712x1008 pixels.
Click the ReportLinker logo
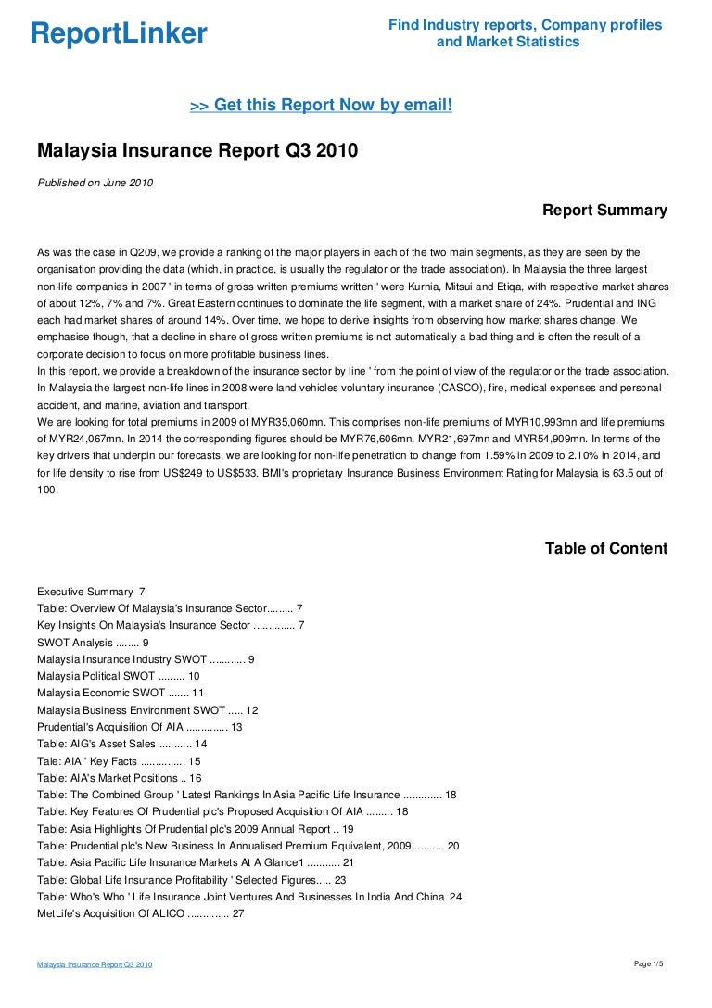click(119, 34)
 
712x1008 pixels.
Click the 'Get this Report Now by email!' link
click(321, 106)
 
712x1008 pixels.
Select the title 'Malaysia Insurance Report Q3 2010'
click(197, 151)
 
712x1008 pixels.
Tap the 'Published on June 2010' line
click(95, 183)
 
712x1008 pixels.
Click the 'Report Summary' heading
click(604, 211)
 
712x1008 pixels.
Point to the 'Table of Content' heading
click(605, 549)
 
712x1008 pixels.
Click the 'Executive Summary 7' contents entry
click(91, 592)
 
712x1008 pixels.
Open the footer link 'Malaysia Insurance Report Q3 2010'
click(95, 965)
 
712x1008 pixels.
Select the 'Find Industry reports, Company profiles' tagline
click(525, 25)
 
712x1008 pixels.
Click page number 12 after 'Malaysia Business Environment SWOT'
click(251, 710)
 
